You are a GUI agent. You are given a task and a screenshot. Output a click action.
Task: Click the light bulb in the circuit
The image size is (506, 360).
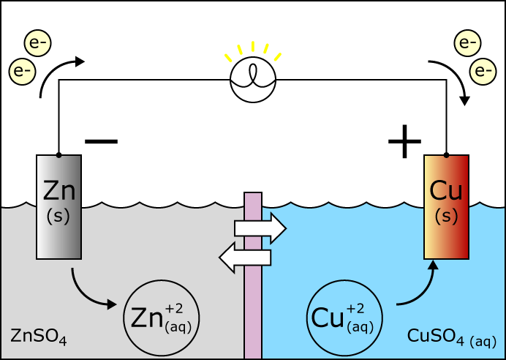pos(253,79)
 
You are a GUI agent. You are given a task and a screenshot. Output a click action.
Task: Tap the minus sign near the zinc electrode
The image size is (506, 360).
pos(101,140)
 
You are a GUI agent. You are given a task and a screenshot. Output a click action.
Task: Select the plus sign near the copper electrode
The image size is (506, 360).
pos(404,141)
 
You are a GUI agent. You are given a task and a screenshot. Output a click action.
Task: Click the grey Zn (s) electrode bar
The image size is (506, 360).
pos(58,206)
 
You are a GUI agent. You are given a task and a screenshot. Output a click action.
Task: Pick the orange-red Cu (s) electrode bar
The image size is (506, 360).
pos(446,206)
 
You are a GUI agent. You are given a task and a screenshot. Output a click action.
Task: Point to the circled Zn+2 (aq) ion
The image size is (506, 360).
pos(161,318)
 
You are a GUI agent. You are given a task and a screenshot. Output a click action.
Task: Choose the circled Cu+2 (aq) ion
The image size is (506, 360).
pos(344,318)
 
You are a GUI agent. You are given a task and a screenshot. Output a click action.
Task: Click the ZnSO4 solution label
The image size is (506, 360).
pos(39,337)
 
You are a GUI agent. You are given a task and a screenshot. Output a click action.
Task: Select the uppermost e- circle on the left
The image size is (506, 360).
pos(37,43)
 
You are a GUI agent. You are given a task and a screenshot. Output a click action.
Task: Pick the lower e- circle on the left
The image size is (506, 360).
pos(22,72)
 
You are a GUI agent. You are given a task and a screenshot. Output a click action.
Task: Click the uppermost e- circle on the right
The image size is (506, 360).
pos(467,42)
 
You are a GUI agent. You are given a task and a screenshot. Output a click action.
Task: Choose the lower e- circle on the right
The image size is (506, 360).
pos(483,71)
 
